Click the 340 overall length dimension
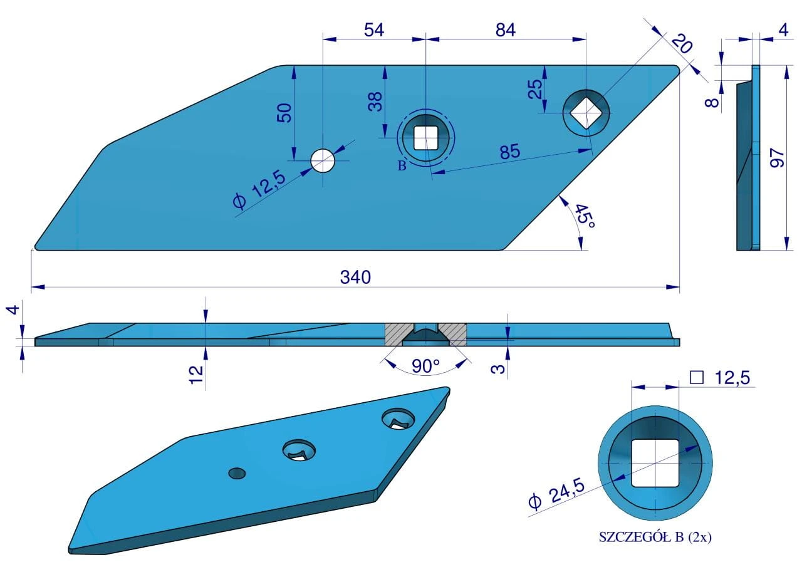[x=355, y=277]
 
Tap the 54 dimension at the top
[x=373, y=29]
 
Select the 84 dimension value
[x=505, y=29]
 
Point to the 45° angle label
[x=584, y=217]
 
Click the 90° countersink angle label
[x=425, y=366]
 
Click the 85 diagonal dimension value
[x=509, y=151]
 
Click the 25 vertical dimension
[x=535, y=90]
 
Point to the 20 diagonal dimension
[x=681, y=44]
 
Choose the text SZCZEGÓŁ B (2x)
[x=655, y=537]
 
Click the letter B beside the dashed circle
[x=402, y=166]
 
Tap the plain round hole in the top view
[x=323, y=160]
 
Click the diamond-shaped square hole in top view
[x=586, y=113]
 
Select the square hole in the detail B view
[x=655, y=463]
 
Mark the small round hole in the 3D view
[x=237, y=472]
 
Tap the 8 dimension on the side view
[x=712, y=99]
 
